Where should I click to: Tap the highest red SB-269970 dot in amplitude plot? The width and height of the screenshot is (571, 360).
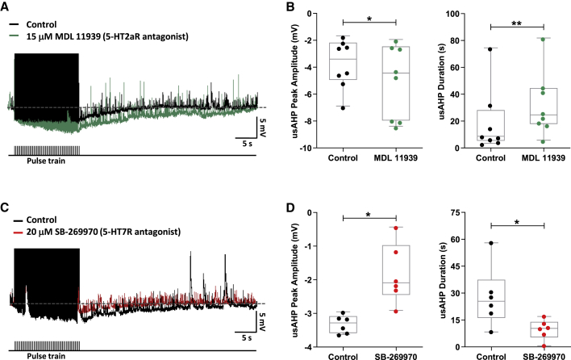[x=396, y=228]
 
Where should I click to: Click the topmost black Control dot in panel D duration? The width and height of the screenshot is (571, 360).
[x=491, y=242]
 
